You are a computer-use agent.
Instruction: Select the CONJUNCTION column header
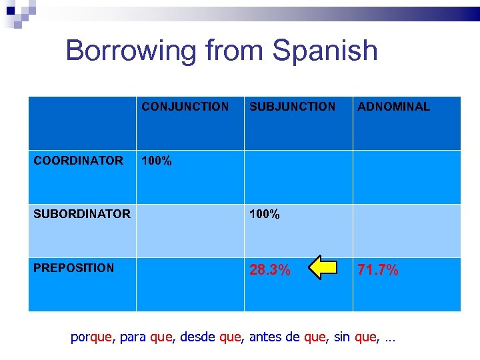click(x=185, y=107)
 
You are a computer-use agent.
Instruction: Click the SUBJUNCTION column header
click(x=292, y=107)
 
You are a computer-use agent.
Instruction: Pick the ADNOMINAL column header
click(x=393, y=107)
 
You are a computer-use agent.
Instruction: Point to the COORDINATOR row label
click(x=78, y=161)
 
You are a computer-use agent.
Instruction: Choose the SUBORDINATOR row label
click(x=82, y=214)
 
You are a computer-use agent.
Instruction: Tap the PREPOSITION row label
click(x=73, y=268)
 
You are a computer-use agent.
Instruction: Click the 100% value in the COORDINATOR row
click(x=157, y=161)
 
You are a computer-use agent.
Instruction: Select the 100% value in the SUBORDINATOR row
click(x=265, y=215)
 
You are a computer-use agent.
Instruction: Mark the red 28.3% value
click(x=269, y=270)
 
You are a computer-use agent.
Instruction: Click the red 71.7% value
click(x=378, y=270)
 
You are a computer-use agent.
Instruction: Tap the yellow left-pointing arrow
click(x=320, y=268)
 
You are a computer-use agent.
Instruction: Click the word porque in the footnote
click(x=92, y=338)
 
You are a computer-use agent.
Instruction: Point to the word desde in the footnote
click(x=197, y=338)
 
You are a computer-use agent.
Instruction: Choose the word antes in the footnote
click(x=265, y=338)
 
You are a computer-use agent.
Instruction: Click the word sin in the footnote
click(x=341, y=338)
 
